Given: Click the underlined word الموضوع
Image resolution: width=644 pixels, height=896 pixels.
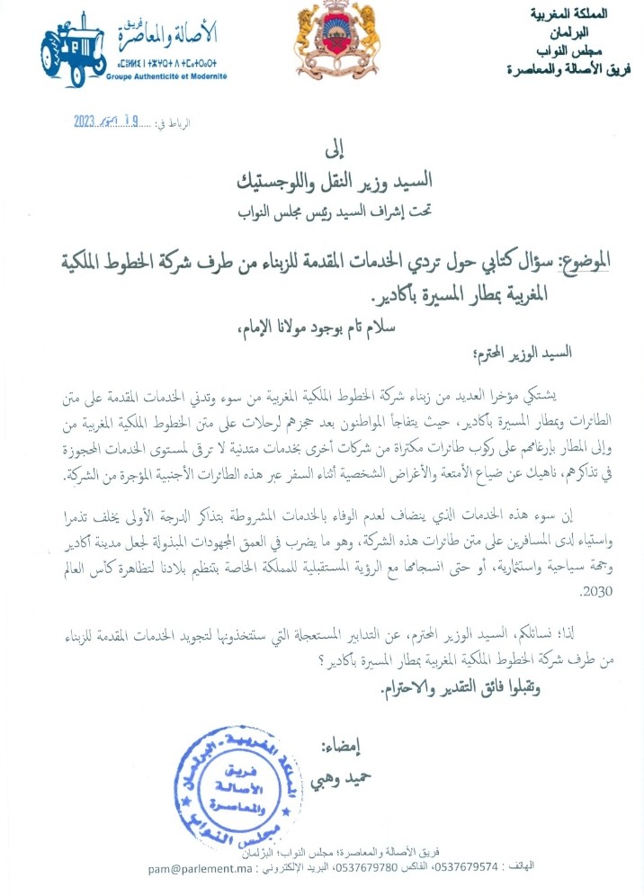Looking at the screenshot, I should pos(586,261).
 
